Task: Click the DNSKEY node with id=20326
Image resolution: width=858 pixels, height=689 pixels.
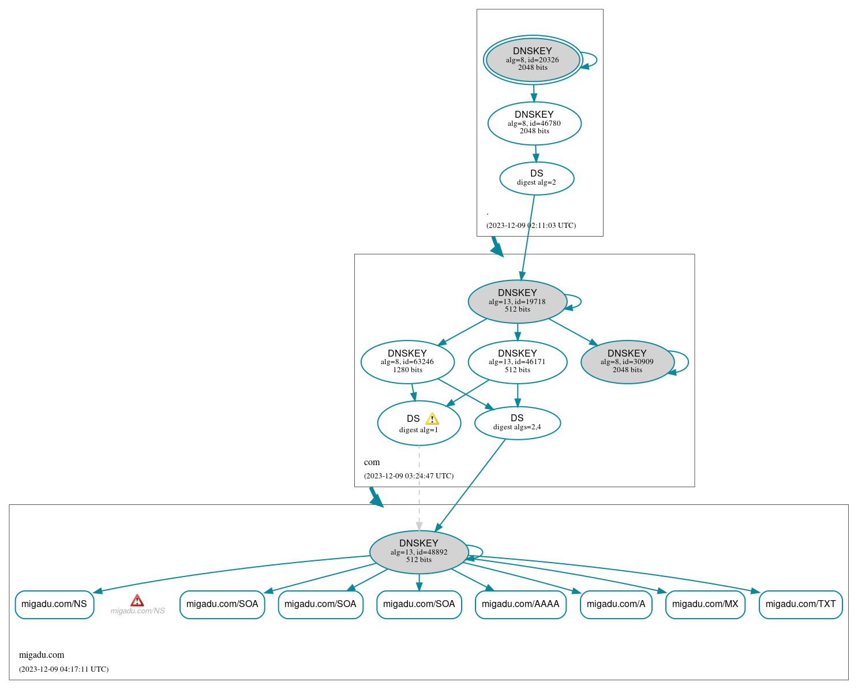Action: [x=533, y=59]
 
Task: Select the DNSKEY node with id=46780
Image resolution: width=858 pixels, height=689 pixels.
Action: [x=534, y=123]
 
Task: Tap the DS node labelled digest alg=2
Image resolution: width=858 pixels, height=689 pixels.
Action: [x=537, y=178]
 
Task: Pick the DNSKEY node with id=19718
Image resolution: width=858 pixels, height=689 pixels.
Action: [x=517, y=301]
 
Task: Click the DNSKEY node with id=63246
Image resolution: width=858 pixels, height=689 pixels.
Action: [x=407, y=362]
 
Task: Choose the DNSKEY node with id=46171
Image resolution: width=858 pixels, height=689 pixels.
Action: [x=517, y=362]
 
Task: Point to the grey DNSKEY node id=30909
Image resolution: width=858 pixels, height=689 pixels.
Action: [x=627, y=362]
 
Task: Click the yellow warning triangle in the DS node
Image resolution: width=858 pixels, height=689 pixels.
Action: [x=432, y=419]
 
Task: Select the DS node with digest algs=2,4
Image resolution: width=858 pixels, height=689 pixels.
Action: [x=517, y=423]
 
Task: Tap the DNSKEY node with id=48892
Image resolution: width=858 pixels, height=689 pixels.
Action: [x=419, y=552]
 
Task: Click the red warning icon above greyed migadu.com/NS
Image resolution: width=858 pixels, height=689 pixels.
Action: [x=137, y=601]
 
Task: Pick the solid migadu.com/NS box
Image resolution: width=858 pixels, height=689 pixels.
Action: [x=54, y=604]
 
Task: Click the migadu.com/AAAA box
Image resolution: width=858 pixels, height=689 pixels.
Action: [x=520, y=604]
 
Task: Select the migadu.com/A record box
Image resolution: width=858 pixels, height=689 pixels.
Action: [x=616, y=604]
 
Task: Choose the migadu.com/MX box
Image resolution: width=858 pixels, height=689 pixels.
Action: [x=705, y=604]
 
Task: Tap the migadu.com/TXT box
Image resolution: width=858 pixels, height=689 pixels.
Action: [x=800, y=604]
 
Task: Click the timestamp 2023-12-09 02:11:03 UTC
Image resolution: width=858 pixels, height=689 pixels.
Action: [x=531, y=226]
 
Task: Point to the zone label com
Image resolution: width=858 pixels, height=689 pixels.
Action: [x=372, y=462]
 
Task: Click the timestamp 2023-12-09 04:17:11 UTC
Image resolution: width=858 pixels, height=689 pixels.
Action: [x=63, y=669]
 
